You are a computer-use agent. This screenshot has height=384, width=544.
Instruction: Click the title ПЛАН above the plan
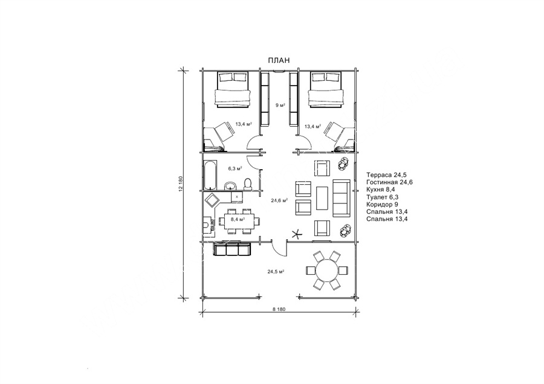(279, 60)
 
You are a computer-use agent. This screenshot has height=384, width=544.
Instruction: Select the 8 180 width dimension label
(279, 310)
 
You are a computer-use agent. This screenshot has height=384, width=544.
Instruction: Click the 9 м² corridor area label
(280, 105)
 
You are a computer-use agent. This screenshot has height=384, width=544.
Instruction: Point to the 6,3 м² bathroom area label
(235, 168)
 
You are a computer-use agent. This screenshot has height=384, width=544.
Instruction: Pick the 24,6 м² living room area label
(279, 200)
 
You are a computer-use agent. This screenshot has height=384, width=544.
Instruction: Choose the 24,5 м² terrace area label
(276, 272)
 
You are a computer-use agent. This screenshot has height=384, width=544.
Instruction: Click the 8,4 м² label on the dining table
(238, 219)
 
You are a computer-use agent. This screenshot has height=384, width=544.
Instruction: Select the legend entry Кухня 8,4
(381, 190)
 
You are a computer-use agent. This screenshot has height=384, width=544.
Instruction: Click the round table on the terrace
(326, 270)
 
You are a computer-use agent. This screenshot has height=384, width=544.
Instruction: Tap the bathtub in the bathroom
(210, 174)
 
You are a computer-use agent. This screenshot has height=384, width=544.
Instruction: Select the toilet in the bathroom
(247, 184)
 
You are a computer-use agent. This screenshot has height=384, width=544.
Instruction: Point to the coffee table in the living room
(322, 198)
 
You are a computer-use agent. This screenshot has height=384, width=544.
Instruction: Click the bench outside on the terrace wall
(232, 249)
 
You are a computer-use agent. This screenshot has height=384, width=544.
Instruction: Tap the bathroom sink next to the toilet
(230, 186)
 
